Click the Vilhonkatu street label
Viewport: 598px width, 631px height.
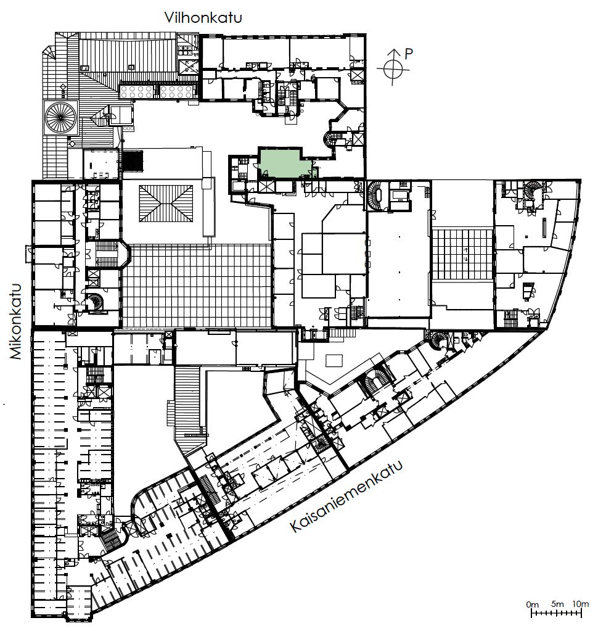click(x=203, y=18)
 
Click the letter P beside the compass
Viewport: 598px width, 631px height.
click(x=409, y=54)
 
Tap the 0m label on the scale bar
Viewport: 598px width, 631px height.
click(x=532, y=604)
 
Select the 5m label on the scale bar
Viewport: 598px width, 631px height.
click(x=557, y=604)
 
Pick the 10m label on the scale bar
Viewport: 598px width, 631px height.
click(x=580, y=604)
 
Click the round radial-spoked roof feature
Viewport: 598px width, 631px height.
click(x=61, y=118)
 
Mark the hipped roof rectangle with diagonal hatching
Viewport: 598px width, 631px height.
click(x=166, y=203)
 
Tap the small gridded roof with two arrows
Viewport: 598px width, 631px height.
click(x=462, y=254)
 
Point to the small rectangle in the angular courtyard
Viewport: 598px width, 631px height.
click(x=334, y=361)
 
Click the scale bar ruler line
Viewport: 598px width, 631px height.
click(x=557, y=613)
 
